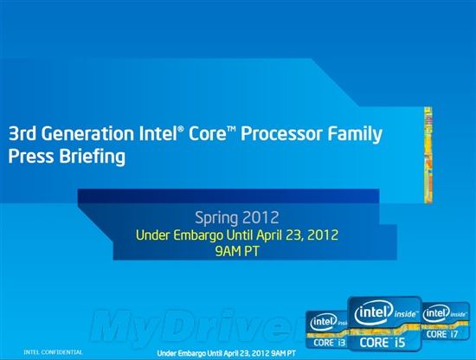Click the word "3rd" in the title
point(23,136)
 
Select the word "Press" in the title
point(30,157)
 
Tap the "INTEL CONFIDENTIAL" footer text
point(54,352)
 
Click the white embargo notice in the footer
point(227,353)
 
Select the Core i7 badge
point(445,322)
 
